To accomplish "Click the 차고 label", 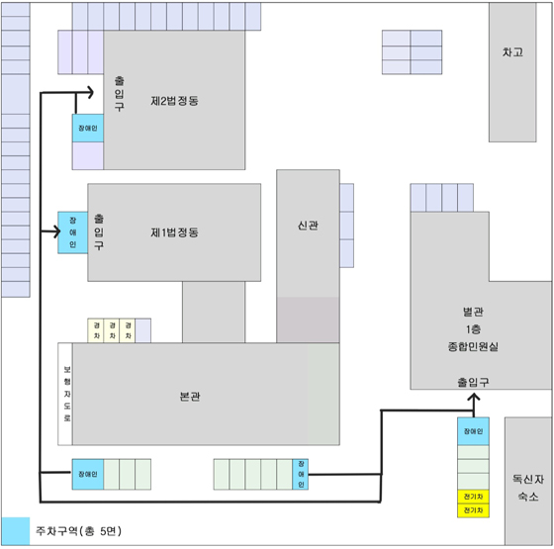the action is point(512,52).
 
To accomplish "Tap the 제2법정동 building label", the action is point(174,101).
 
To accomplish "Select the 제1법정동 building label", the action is point(174,232).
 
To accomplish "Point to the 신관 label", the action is point(308,226).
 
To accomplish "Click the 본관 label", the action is point(190,397).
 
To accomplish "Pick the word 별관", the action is point(473,312).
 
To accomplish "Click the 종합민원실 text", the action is point(473,346).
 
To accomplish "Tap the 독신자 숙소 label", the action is point(528,488).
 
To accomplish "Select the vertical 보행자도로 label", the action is point(67,394).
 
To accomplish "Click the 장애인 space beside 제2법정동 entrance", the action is point(88,129).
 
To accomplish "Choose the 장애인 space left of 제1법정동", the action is point(73,232).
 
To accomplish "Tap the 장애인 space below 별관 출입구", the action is point(474,431).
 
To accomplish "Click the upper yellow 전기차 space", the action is point(474,497).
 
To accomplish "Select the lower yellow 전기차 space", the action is point(474,510).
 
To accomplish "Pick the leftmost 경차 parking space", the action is point(96,330).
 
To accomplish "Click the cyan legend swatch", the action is point(16,531).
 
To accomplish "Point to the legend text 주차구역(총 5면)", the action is point(78,531).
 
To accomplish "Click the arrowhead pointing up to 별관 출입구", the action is point(474,398).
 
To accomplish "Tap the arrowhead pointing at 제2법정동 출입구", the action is point(91,93).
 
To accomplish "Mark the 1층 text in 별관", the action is point(473,329).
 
